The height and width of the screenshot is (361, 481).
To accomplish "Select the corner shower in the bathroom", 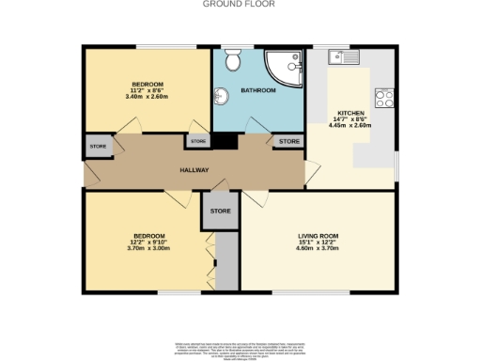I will tap(284, 64).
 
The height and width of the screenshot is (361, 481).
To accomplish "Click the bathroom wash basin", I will tap(222, 96).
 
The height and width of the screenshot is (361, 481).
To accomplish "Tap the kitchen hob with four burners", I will tap(383, 96).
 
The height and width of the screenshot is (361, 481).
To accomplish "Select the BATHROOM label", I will tap(257, 90).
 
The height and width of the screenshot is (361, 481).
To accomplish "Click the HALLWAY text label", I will tap(194, 170).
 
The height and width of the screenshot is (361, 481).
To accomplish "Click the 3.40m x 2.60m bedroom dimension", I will tap(146, 96).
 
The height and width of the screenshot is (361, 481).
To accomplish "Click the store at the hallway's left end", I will tap(98, 147).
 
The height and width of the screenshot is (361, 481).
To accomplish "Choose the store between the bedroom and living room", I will tap(221, 212).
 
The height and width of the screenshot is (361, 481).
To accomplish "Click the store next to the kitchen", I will tap(288, 141).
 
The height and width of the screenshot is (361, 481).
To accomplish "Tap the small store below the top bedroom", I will tap(197, 141).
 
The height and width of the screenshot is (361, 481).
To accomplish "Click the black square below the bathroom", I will tap(225, 142).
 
